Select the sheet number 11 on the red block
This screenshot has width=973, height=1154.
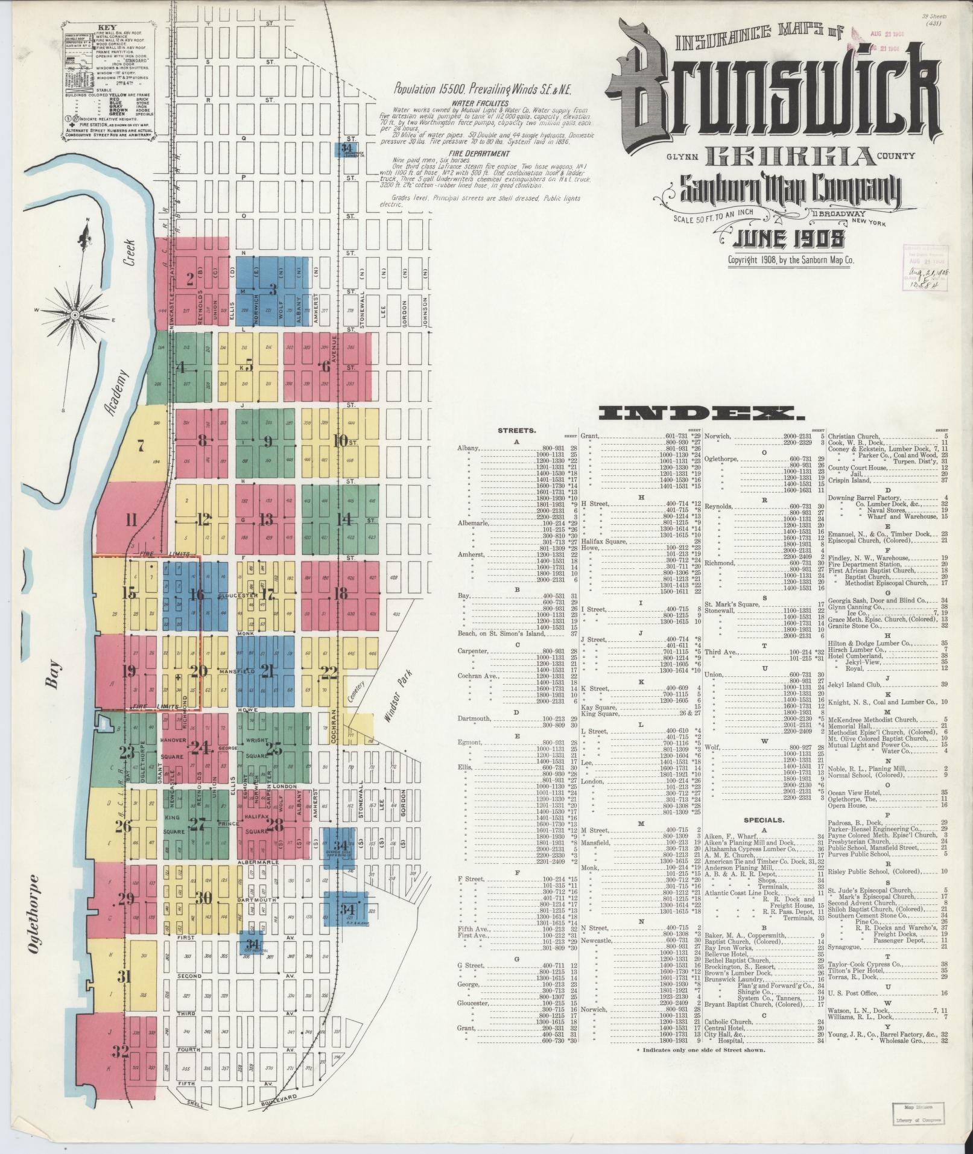click(x=132, y=519)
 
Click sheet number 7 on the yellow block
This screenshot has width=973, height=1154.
click(x=141, y=447)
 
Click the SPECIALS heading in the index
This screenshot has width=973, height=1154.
click(x=764, y=820)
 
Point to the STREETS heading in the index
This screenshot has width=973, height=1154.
click(x=516, y=431)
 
